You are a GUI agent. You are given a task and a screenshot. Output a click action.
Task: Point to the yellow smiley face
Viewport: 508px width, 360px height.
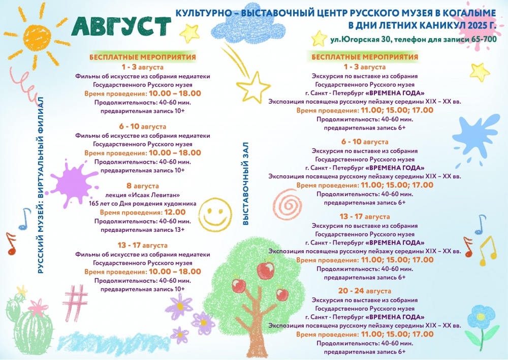pos(215,215)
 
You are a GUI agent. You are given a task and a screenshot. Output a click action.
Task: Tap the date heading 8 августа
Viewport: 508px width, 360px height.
pos(143,186)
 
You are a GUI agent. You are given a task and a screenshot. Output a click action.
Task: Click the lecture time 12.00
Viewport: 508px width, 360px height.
pos(175,213)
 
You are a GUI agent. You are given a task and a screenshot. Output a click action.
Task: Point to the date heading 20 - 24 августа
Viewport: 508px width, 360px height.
pos(364,291)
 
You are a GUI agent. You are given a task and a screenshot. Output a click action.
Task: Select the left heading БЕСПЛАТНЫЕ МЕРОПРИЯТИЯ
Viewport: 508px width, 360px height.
pos(143,57)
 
